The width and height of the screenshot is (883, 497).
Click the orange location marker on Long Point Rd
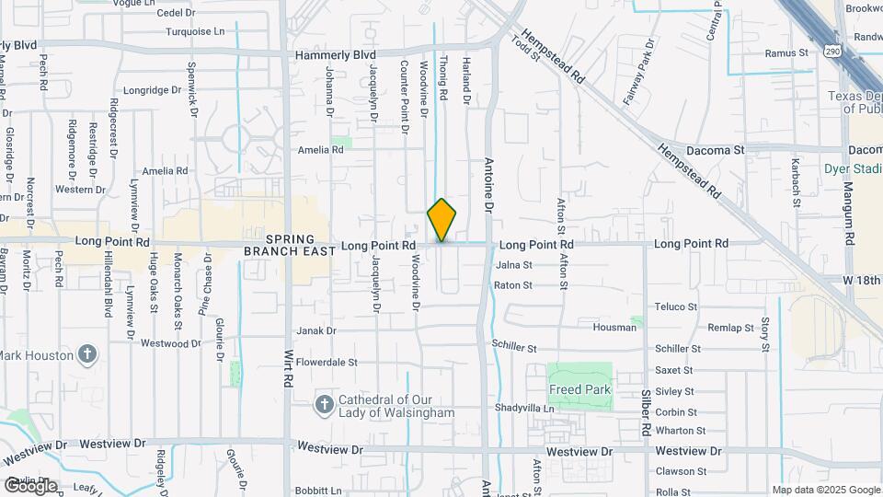[441, 220]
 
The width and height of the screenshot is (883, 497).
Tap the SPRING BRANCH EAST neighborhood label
[284, 245]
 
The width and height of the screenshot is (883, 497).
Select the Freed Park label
[580, 389]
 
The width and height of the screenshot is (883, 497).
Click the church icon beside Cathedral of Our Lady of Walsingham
[324, 404]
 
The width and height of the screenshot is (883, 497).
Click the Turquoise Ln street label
[195, 31]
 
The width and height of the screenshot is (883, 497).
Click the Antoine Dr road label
[488, 184]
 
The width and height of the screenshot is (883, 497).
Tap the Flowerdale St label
[327, 363]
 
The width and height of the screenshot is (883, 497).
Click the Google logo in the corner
[31, 485]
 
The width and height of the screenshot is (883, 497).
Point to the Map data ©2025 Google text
[826, 490]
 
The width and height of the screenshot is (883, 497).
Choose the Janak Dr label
[316, 330]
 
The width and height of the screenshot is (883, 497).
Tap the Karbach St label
[796, 175]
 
